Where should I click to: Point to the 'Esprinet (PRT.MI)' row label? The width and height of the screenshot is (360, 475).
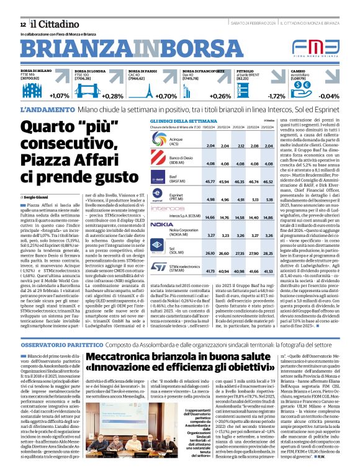click(x=177, y=197)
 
